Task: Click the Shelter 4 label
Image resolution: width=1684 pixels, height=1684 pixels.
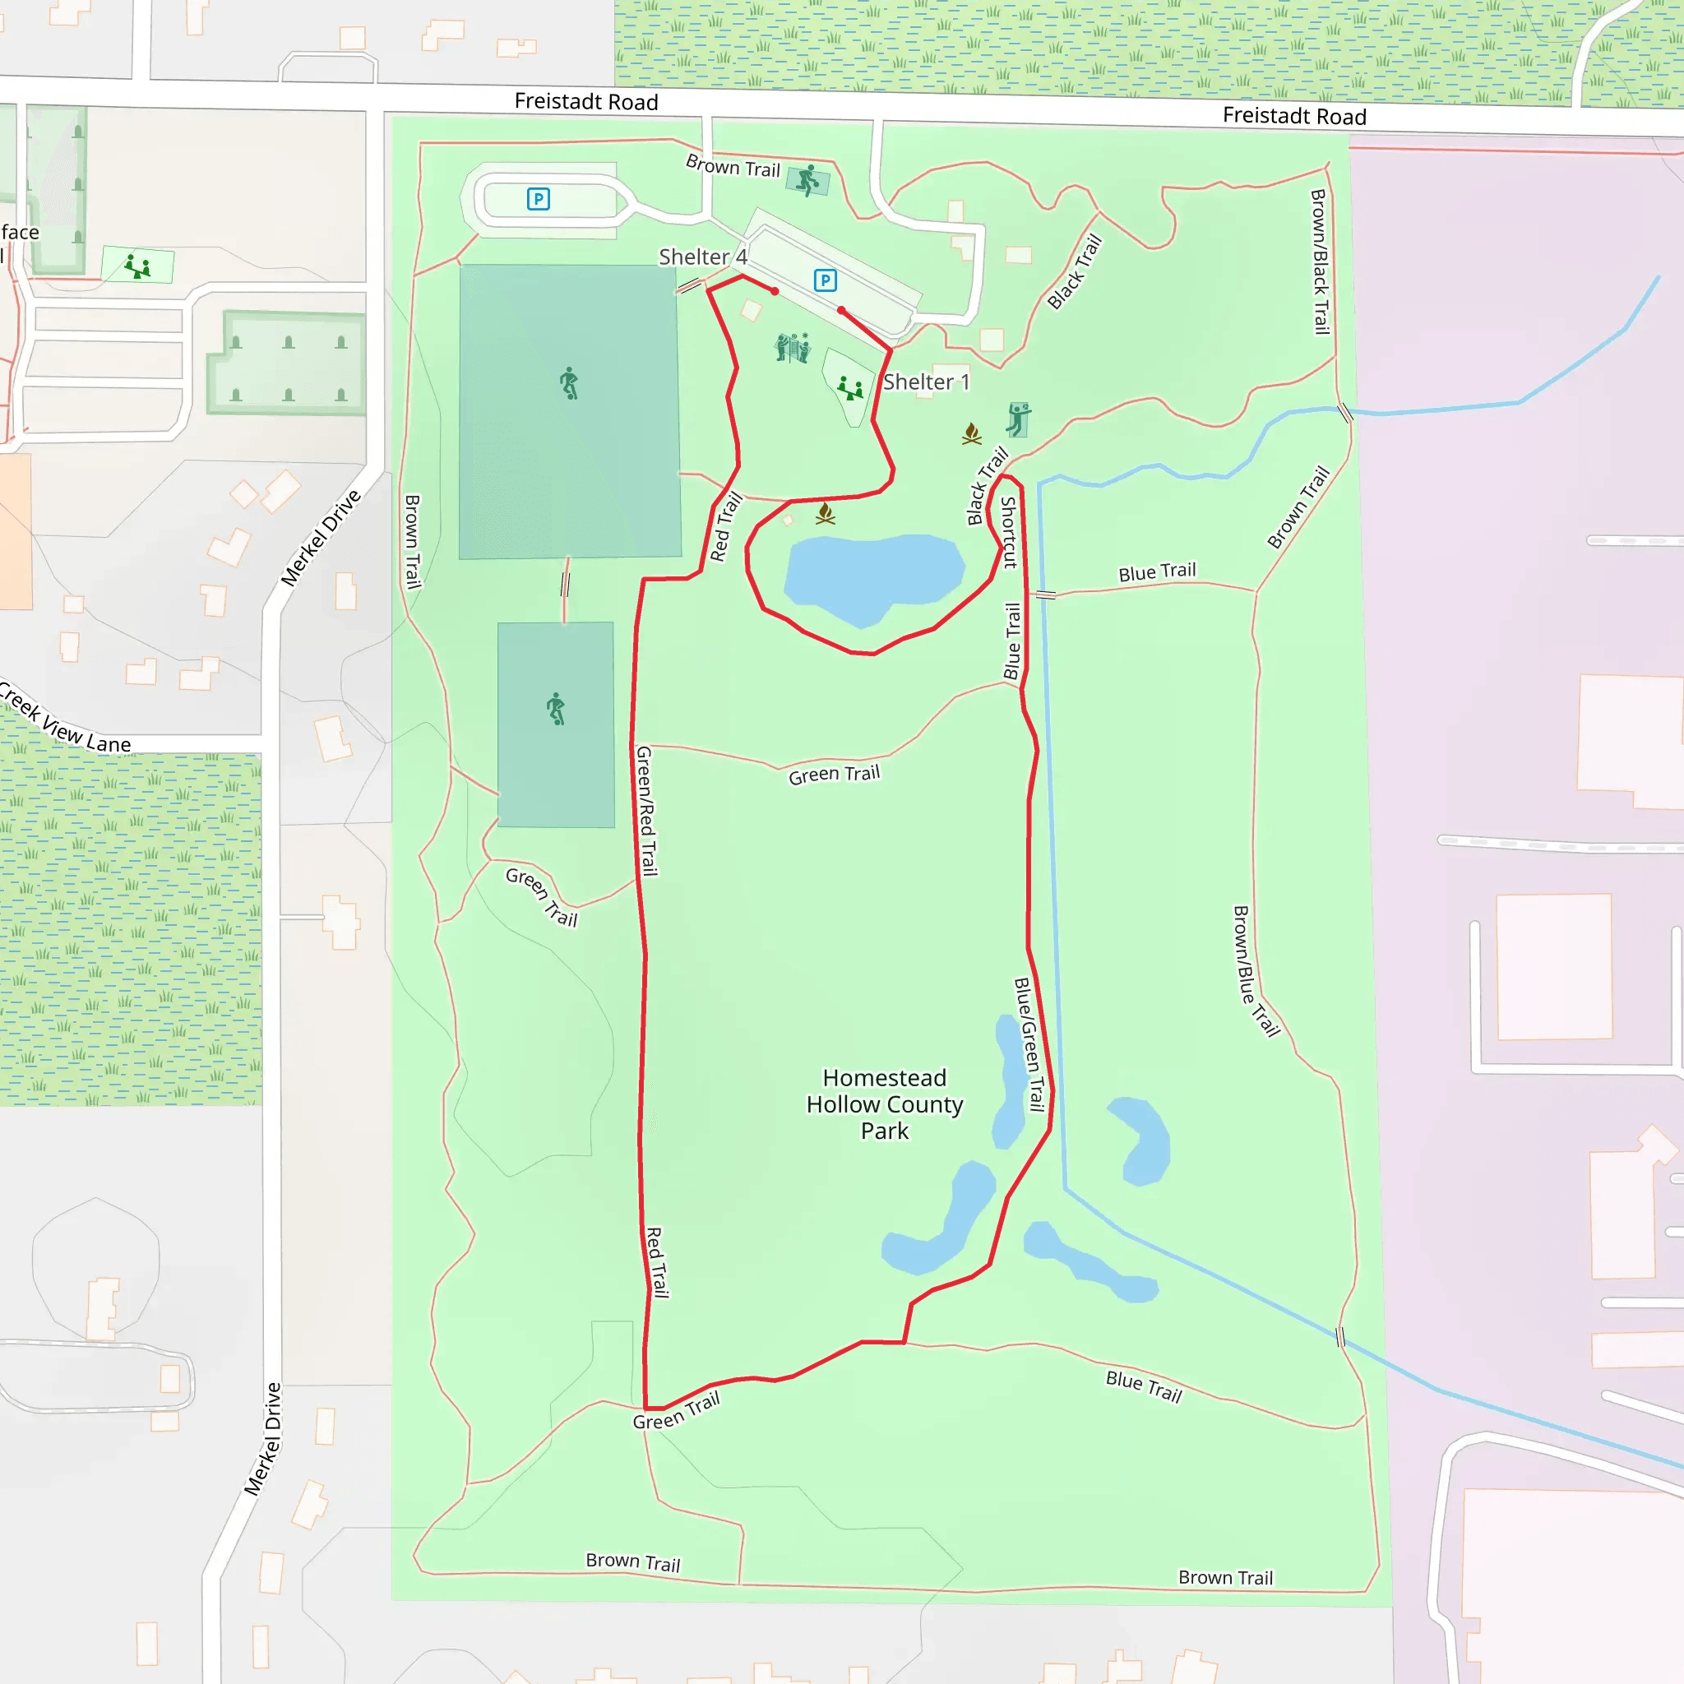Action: pyautogui.click(x=702, y=257)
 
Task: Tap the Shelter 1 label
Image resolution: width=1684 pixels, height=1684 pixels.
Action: pyautogui.click(x=926, y=382)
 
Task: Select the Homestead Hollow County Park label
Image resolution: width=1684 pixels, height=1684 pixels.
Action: pyautogui.click(x=884, y=1104)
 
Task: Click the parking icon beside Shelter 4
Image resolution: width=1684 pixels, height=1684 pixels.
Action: pyautogui.click(x=825, y=280)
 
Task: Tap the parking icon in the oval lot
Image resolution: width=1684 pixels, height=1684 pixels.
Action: pyautogui.click(x=538, y=200)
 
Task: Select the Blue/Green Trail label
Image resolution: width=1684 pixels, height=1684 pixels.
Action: pyautogui.click(x=1029, y=1044)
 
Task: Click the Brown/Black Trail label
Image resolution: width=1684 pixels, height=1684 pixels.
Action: pyautogui.click(x=1320, y=261)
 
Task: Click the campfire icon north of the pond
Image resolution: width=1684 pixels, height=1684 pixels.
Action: pyautogui.click(x=826, y=514)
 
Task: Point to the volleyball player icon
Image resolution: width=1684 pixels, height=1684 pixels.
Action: pyautogui.click(x=1017, y=419)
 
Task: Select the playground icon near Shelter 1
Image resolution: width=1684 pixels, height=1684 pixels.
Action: pyautogui.click(x=850, y=387)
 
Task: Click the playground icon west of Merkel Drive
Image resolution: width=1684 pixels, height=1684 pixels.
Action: pyautogui.click(x=136, y=266)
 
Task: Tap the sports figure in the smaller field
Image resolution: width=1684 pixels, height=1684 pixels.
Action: pyautogui.click(x=556, y=709)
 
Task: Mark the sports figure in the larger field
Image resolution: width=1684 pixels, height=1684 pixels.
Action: pyautogui.click(x=569, y=383)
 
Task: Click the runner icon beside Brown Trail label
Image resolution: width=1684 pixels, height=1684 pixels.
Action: pyautogui.click(x=808, y=180)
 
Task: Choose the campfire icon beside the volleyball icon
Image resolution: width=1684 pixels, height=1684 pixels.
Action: pyautogui.click(x=972, y=433)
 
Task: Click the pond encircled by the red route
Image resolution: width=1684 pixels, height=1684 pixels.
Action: pyautogui.click(x=873, y=576)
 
